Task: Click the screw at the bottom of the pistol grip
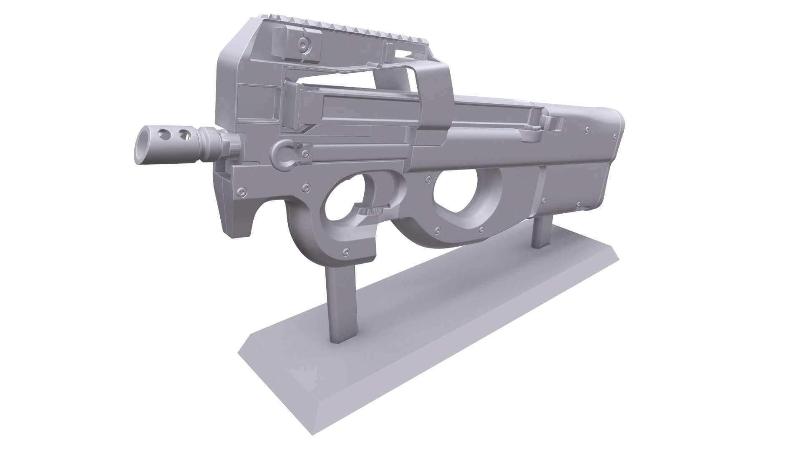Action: [345, 252]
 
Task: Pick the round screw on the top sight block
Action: [302, 42]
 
